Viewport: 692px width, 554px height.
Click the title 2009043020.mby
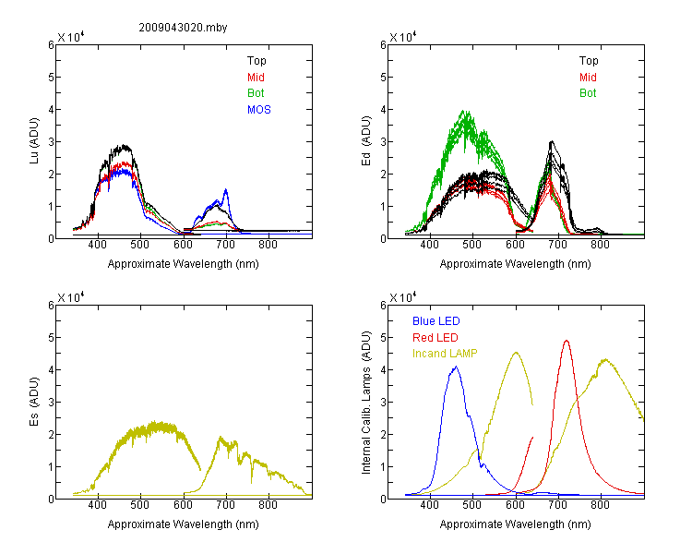coord(183,28)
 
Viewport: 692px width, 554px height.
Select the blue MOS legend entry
coord(259,110)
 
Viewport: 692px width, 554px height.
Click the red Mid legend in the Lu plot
coord(256,78)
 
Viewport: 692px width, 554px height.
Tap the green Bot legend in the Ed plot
coord(588,93)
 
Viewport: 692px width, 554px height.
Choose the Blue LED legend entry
coord(436,321)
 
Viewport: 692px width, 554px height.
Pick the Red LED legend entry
coord(435,338)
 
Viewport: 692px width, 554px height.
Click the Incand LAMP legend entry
coord(445,354)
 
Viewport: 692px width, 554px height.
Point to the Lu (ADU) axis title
coord(34,141)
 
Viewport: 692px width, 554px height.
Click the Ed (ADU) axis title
coord(366,141)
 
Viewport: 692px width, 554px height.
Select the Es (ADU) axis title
coord(34,402)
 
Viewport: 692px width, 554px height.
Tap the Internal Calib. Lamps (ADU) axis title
coord(366,403)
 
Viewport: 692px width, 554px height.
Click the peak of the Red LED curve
coord(567,341)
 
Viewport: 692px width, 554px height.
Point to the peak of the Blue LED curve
coord(457,367)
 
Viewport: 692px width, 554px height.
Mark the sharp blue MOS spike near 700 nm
coord(226,190)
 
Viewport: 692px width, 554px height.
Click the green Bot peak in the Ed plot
coord(464,111)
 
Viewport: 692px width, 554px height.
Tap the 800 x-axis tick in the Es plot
coord(268,505)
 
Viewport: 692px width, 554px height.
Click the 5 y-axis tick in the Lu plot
coord(51,78)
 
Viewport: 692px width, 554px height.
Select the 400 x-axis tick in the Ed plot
coord(429,245)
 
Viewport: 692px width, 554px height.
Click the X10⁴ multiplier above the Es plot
coord(71,297)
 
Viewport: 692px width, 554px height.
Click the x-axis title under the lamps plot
coord(515,524)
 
